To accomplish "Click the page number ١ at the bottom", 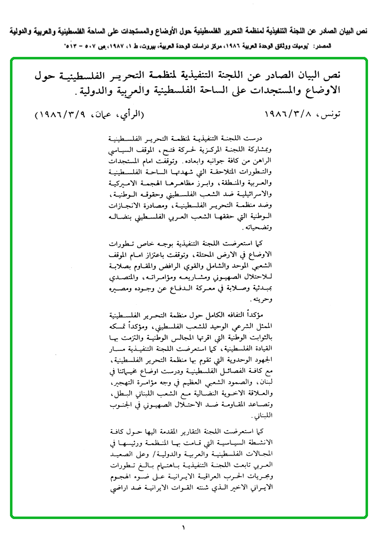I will pyautogui.click(x=184, y=527).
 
